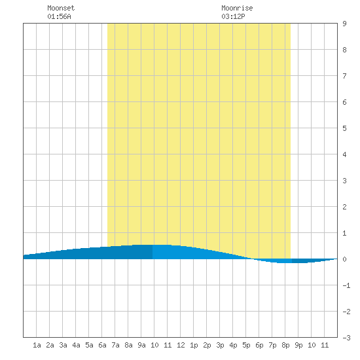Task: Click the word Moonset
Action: click(61, 8)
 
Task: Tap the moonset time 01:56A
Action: click(59, 16)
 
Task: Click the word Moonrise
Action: click(237, 8)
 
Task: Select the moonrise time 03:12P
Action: click(233, 16)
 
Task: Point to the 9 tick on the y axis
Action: click(344, 24)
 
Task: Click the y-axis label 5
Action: click(344, 128)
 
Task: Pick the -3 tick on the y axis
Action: click(346, 338)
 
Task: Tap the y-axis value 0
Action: click(344, 259)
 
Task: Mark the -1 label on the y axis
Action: click(346, 285)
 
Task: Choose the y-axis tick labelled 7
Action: click(344, 76)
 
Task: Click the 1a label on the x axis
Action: click(37, 345)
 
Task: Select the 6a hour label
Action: click(102, 345)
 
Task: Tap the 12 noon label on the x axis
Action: click(181, 345)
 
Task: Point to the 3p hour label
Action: click(220, 345)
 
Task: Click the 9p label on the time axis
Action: click(298, 345)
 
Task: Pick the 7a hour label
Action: click(115, 345)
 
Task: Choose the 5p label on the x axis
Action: click(246, 345)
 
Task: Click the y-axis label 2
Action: click(344, 207)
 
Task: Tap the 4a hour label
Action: click(76, 345)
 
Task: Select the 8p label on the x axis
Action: click(285, 345)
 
